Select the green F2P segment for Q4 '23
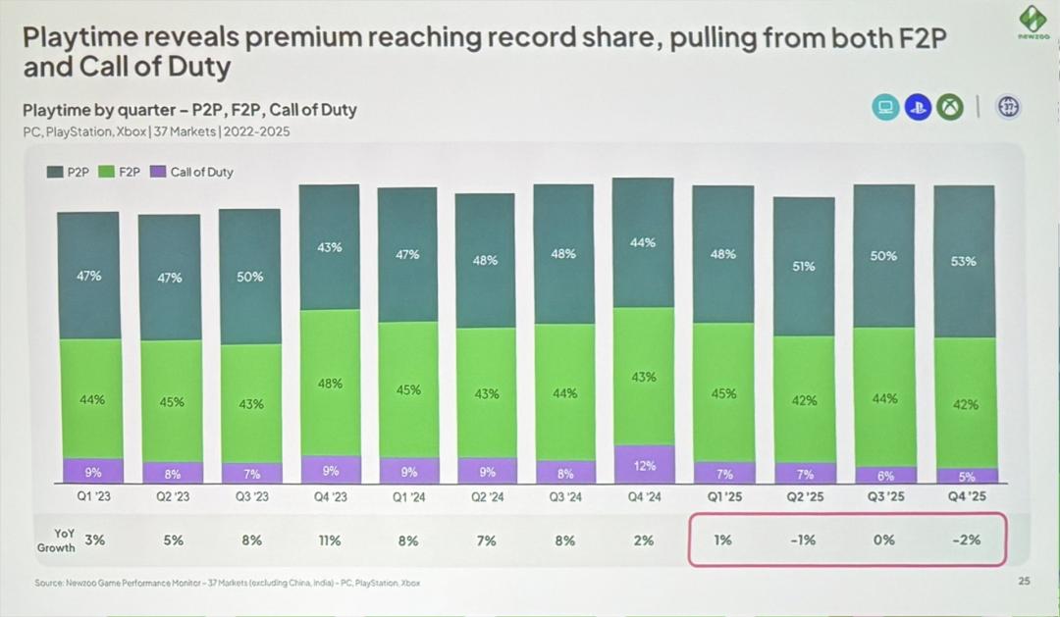point(330,383)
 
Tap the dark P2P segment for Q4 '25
point(964,262)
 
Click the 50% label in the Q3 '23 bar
point(250,277)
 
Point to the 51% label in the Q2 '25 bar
point(803,266)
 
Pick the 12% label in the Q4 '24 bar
point(643,467)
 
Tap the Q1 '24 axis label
point(407,497)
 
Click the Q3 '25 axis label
point(884,497)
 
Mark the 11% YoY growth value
point(329,540)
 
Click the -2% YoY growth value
point(966,540)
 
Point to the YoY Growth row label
point(56,540)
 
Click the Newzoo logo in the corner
point(1033,22)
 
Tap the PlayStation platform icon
point(918,107)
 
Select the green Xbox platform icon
point(949,107)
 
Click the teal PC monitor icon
point(886,107)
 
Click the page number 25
point(1024,582)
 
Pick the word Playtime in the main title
point(78,38)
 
